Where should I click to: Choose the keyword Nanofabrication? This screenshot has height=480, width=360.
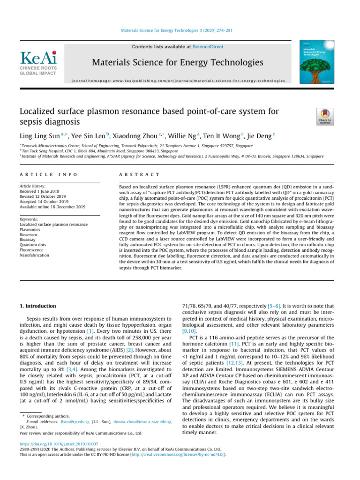coord(35,256)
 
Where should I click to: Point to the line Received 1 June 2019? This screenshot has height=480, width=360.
coord(41,192)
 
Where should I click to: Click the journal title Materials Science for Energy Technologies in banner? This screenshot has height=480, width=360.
coord(178,62)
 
